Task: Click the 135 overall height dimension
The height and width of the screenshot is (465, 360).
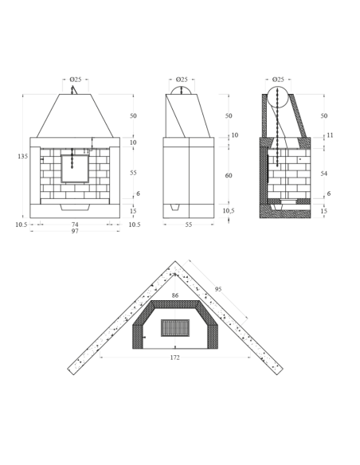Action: pos(22,156)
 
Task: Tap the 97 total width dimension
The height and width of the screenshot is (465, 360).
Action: pos(75,231)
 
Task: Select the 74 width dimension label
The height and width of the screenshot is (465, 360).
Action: pos(75,225)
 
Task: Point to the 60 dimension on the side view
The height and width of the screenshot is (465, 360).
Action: pos(229,175)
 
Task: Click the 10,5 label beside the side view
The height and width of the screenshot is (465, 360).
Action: pos(229,210)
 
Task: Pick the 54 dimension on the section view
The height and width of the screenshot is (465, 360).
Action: pos(324,174)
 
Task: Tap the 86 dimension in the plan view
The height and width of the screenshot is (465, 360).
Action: pos(175,295)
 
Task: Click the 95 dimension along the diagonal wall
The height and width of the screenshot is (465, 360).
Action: pos(218,289)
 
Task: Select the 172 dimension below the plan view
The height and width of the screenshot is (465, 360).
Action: pos(175,358)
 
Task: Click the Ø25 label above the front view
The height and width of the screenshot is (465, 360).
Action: pos(76,80)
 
